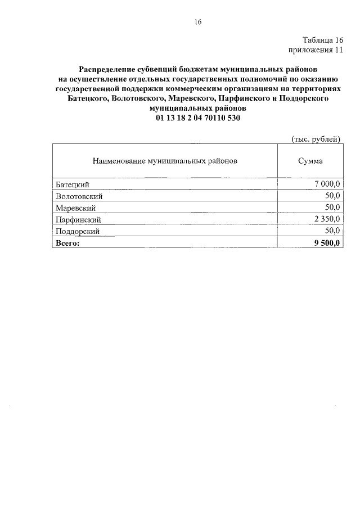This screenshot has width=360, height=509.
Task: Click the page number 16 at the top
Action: point(197,22)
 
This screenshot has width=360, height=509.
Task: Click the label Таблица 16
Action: point(322,40)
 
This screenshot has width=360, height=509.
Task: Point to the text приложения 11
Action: point(316,50)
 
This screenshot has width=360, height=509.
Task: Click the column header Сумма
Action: point(310,161)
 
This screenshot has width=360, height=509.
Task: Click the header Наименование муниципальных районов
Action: point(165,161)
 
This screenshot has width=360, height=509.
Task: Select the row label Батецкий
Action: point(73,185)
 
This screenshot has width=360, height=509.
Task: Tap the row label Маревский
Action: point(75,208)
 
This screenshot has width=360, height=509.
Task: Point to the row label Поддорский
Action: point(78,231)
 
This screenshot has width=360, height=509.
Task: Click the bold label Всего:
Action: point(68,243)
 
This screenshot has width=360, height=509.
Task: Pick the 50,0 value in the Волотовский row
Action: point(332,196)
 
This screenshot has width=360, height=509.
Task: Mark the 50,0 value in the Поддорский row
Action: point(332,231)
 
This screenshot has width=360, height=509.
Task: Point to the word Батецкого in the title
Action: point(84,98)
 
